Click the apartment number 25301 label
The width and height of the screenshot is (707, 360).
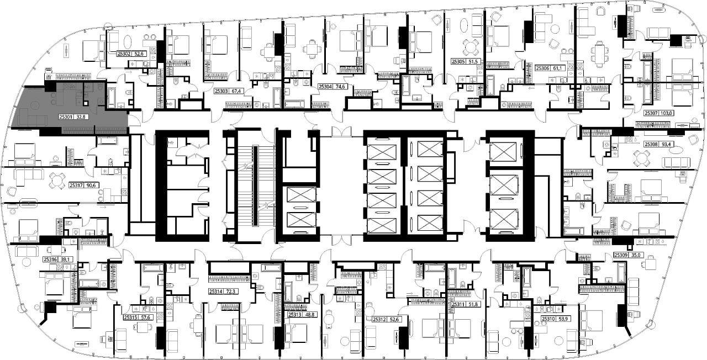pos(66,117)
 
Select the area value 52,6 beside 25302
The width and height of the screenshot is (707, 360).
pos(139,54)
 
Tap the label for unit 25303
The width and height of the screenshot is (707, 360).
pos(221,91)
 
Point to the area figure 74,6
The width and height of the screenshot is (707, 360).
pos(339,87)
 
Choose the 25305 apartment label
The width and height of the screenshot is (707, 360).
pos(458,62)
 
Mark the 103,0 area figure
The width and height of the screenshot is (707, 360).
pos(666,113)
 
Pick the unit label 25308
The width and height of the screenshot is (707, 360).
pos(651,144)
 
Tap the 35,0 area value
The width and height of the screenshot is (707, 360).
pos(635,255)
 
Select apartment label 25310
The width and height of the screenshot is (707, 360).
pos(548,319)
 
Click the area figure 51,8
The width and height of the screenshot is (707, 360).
pos(473,304)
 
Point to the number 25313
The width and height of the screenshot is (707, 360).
pos(294,315)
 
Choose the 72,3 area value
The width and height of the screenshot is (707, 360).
pos(230,292)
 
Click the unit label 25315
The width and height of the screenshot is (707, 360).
pos(130,317)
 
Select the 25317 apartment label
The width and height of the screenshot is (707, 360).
pos(76,185)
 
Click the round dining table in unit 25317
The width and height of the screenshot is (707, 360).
pos(57,181)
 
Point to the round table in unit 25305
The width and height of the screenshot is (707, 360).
pos(471,47)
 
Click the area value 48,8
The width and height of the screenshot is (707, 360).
pos(309,315)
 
